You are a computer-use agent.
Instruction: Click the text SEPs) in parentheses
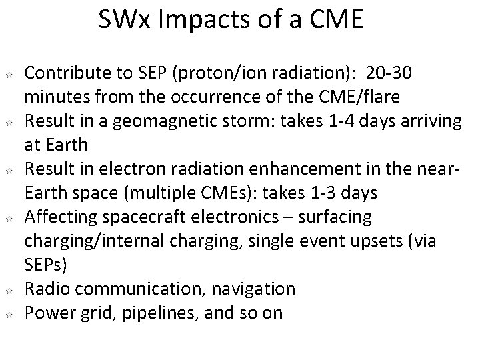(46, 265)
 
